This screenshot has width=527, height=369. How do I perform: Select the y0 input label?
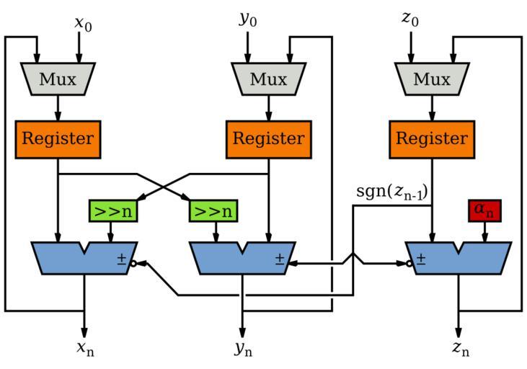tap(248, 19)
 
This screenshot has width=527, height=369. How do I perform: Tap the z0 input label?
tap(410, 19)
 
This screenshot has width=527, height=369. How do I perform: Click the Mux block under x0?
tap(58, 79)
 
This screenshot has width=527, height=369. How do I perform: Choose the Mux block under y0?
tap(268, 79)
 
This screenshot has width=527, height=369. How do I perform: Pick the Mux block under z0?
tap(432, 79)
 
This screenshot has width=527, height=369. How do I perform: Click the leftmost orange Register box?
tap(58, 138)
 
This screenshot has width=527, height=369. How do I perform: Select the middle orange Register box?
tap(268, 138)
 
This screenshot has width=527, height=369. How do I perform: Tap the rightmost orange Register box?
tap(432, 138)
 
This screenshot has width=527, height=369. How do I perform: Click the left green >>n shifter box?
tap(113, 211)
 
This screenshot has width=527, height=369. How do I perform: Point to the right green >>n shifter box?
tap(213, 211)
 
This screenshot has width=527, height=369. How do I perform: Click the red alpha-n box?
tap(484, 210)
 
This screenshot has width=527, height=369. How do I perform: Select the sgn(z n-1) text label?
tap(391, 192)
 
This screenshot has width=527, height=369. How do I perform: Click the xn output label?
tap(85, 349)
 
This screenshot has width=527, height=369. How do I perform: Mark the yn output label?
tap(243, 350)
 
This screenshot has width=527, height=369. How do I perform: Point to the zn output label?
tap(460, 349)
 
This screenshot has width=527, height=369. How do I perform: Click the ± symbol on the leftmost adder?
tap(122, 259)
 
